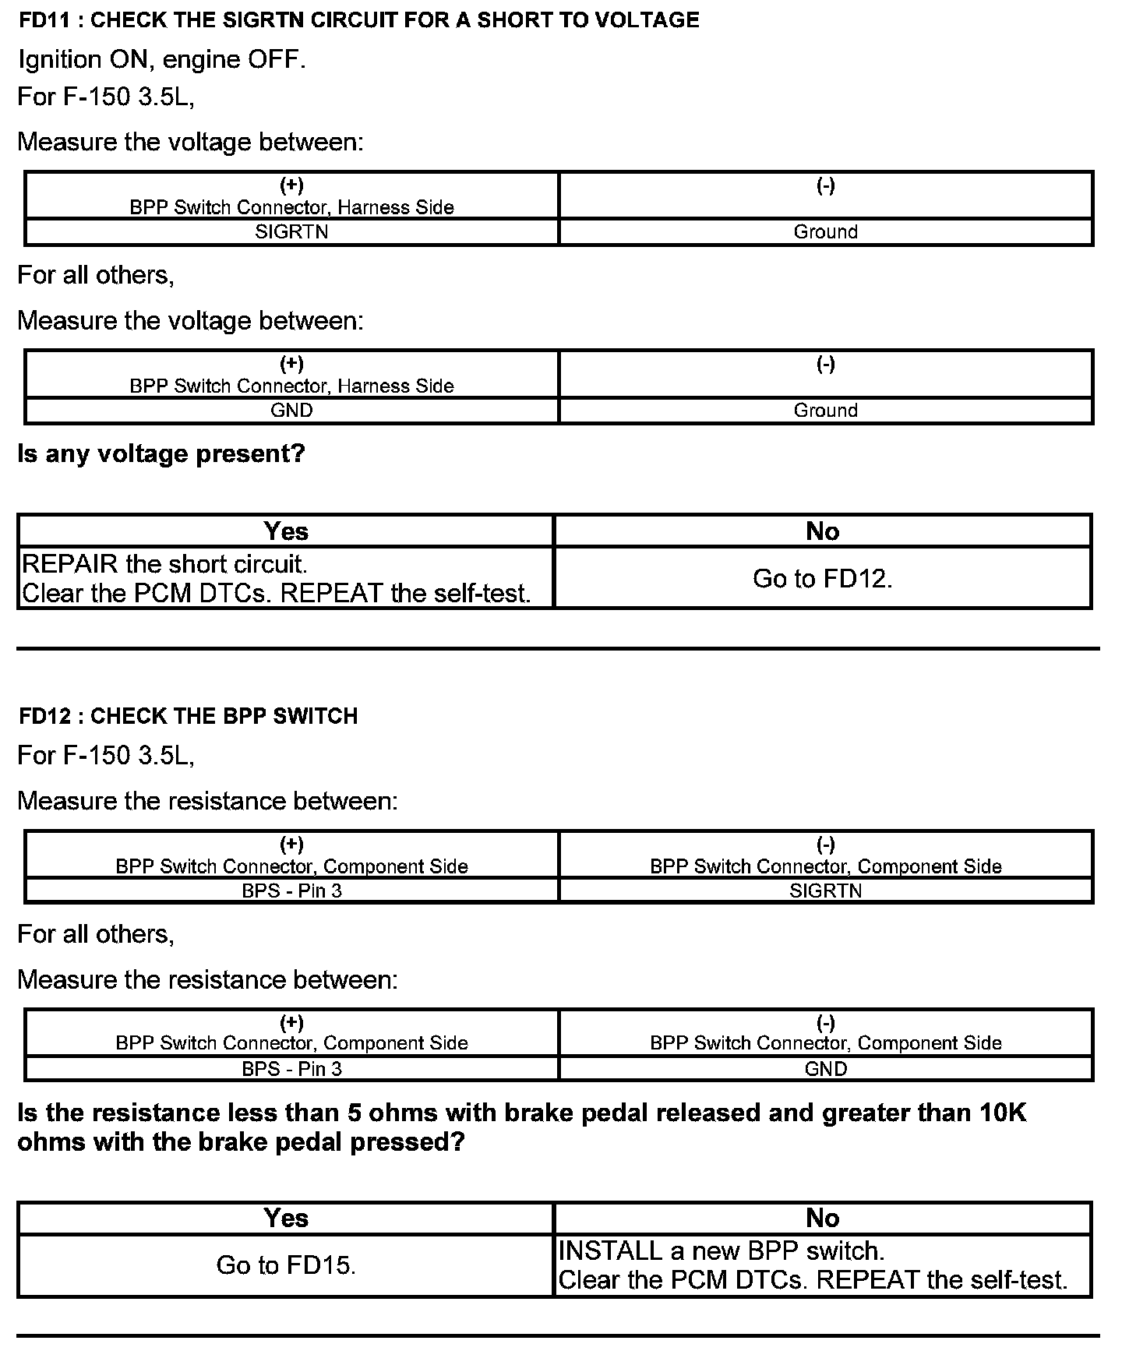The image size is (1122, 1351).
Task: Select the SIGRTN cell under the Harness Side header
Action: (291, 232)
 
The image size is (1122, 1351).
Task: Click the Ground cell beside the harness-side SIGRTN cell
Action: (825, 232)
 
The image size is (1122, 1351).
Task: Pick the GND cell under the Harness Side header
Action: (291, 411)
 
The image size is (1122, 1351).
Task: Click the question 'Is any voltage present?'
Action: (161, 453)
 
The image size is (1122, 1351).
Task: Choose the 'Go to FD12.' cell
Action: (822, 578)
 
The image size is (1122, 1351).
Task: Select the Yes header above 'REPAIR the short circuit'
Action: (286, 531)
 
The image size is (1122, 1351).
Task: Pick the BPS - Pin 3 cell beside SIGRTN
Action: (291, 891)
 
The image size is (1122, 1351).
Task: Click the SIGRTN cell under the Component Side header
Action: (825, 891)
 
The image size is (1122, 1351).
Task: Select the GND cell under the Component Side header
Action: (825, 1069)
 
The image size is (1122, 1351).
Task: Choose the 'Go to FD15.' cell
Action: (286, 1265)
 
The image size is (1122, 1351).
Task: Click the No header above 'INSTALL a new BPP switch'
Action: (822, 1219)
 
